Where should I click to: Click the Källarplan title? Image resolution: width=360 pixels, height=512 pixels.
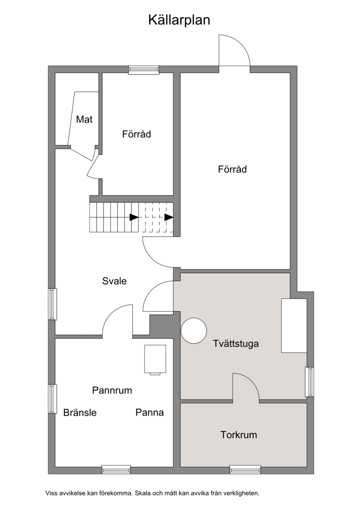coord(179,20)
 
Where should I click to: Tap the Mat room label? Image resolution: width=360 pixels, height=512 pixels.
coord(84,120)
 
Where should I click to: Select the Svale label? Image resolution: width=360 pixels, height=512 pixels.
coord(114,281)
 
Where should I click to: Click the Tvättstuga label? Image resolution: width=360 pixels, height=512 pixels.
coord(236,344)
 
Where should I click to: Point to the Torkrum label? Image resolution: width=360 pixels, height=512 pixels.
coord(238,435)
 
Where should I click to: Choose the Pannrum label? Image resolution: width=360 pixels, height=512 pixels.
coord(112,391)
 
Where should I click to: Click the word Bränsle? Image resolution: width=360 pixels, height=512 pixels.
coord(80,413)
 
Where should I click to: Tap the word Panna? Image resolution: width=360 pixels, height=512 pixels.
coord(149,413)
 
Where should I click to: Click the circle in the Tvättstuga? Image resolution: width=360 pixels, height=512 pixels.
coord(194,331)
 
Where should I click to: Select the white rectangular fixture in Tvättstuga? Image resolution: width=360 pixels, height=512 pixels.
coord(294,326)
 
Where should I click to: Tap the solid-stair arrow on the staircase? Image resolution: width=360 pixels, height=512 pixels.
coord(134,217)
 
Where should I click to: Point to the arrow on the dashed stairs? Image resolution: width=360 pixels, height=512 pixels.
coord(169,217)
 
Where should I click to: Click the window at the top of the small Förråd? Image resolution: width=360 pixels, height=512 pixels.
coord(144,70)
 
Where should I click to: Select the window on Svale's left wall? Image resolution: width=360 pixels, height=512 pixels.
coord(52,304)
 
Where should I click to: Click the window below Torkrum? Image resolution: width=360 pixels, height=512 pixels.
coord(245,470)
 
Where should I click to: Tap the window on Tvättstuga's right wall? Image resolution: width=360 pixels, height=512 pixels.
coord(309,382)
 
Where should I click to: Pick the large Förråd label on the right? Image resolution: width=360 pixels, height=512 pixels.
coord(232,170)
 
